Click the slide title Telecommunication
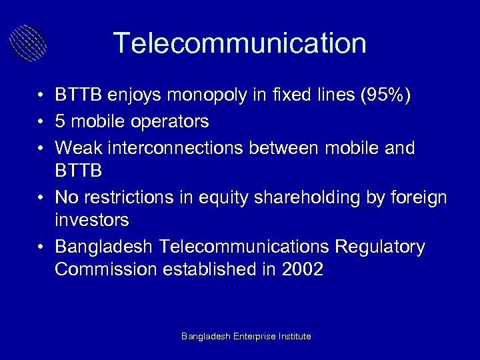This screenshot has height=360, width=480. click(x=240, y=43)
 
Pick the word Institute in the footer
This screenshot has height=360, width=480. click(x=293, y=337)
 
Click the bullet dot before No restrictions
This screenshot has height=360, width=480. click(x=41, y=197)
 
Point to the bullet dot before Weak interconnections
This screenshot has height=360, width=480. click(x=41, y=147)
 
